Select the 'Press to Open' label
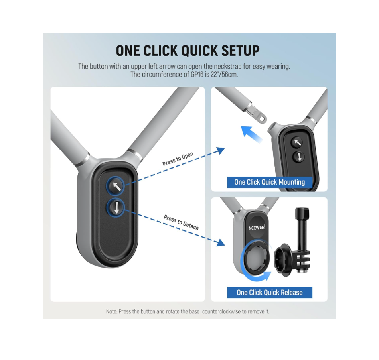(178, 159)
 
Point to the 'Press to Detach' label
(181, 222)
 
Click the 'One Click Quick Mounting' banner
(270, 182)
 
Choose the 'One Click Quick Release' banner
(270, 293)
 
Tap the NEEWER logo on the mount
(257, 228)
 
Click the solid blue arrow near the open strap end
(251, 134)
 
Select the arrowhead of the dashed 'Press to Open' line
(221, 151)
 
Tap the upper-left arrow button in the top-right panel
(297, 143)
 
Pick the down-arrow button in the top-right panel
(299, 157)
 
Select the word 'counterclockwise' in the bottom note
(221, 312)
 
